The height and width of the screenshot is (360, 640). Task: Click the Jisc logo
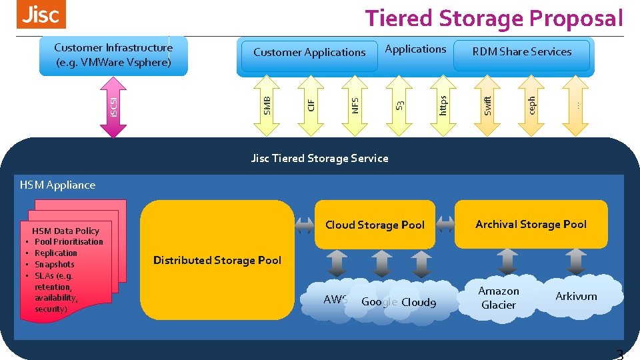pyautogui.click(x=41, y=15)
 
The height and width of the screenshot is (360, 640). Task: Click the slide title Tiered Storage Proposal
pyautogui.click(x=493, y=18)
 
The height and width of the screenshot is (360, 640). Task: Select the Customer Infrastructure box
pyautogui.click(x=113, y=55)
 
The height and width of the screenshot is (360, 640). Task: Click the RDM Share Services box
pyautogui.click(x=522, y=52)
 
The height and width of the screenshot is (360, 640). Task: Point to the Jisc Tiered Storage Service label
pyautogui.click(x=319, y=158)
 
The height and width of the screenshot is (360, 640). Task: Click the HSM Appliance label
pyautogui.click(x=57, y=185)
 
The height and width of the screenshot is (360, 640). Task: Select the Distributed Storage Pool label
pyautogui.click(x=217, y=260)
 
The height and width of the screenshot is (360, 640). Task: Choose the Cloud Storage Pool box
pyautogui.click(x=375, y=225)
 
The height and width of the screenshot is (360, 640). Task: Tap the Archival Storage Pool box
pyautogui.click(x=531, y=224)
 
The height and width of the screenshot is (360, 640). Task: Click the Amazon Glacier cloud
pyautogui.click(x=499, y=298)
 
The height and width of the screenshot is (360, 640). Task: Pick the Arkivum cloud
pyautogui.click(x=576, y=296)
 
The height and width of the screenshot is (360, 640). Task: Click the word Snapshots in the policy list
pyautogui.click(x=55, y=264)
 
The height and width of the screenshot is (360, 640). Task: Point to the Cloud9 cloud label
pyautogui.click(x=419, y=302)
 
